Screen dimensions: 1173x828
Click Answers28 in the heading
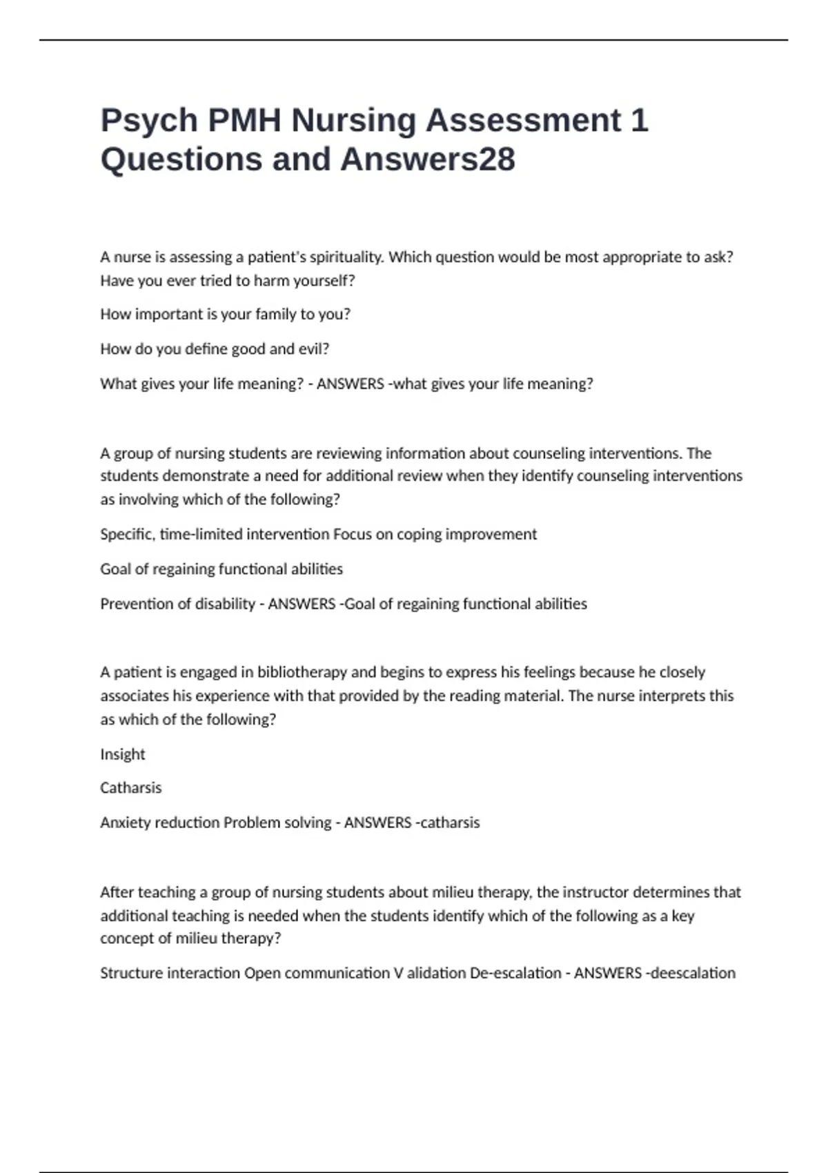pyautogui.click(x=428, y=159)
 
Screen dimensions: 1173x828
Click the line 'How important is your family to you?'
pyautogui.click(x=225, y=315)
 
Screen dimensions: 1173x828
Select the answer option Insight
pyautogui.click(x=123, y=754)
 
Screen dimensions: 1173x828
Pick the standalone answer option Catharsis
pyautogui.click(x=130, y=788)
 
